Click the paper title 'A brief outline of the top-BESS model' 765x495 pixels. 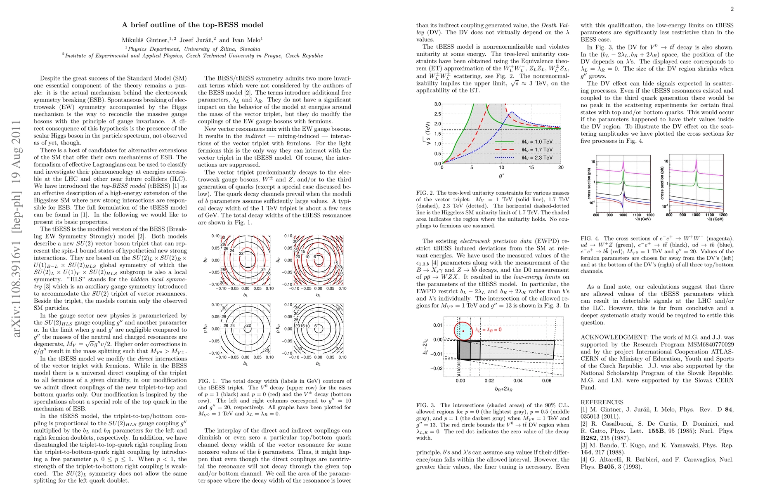pos(192,25)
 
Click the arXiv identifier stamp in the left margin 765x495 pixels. pos(17,229)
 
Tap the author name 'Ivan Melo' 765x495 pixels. pos(247,40)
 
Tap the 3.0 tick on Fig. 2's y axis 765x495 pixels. pos(437,104)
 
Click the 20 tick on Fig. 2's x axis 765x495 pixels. pos(561,167)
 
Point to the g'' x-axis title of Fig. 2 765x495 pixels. pos(501,177)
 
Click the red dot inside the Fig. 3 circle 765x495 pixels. pos(464,331)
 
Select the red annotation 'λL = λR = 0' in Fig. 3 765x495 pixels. pos(489,330)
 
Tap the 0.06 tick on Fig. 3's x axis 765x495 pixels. pos(546,381)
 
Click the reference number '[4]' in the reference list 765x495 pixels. pos(584,460)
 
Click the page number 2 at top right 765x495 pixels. pos(732,9)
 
